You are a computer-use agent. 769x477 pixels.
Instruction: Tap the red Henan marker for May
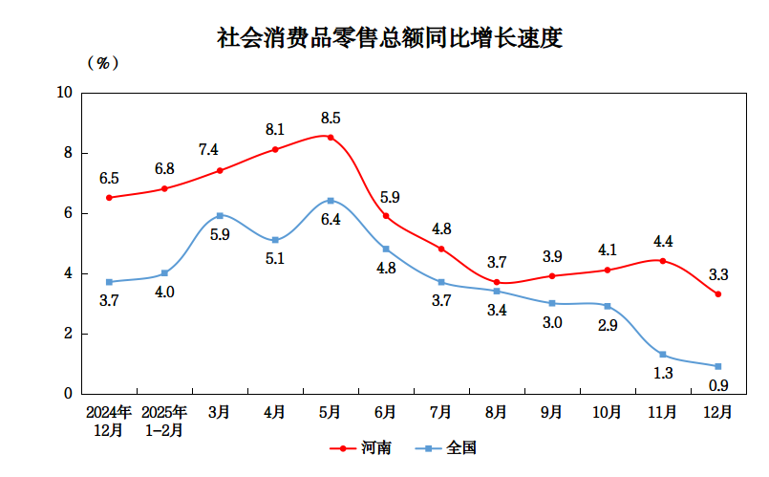pyautogui.click(x=331, y=137)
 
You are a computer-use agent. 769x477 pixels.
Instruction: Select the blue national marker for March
pyautogui.click(x=220, y=215)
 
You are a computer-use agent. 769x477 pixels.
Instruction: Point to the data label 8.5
pyautogui.click(x=331, y=119)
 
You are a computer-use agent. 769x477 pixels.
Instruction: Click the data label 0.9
pyautogui.click(x=719, y=385)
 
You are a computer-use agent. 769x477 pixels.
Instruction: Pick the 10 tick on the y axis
pyautogui.click(x=65, y=93)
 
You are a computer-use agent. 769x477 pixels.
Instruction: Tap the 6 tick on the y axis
pyautogui.click(x=68, y=213)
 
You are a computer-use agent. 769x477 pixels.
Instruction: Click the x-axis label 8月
pyautogui.click(x=497, y=412)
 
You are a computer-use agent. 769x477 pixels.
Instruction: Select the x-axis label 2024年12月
pyautogui.click(x=109, y=421)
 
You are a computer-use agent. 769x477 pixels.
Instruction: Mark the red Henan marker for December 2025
pyautogui.click(x=718, y=293)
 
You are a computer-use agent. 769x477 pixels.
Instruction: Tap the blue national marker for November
pyautogui.click(x=663, y=355)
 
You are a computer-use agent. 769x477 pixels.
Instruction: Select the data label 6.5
pyautogui.click(x=109, y=179)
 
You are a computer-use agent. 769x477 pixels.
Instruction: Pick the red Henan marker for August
pyautogui.click(x=497, y=282)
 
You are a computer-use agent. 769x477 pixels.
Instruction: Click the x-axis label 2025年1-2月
pyautogui.click(x=164, y=421)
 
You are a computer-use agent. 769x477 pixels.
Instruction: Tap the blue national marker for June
pyautogui.click(x=386, y=249)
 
